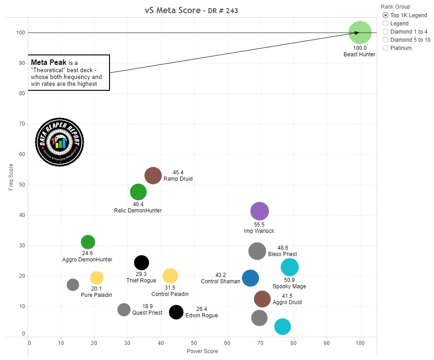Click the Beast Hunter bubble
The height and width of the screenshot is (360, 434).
point(360,33)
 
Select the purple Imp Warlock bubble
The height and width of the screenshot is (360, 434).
point(259,211)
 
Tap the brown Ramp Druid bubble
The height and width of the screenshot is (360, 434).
point(153,175)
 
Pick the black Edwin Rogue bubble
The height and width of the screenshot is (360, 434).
point(176,312)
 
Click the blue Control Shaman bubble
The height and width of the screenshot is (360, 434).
point(250,278)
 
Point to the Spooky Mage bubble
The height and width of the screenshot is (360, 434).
point(289,267)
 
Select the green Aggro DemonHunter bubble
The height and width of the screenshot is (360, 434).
point(88,242)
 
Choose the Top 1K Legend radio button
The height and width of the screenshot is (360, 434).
point(386,15)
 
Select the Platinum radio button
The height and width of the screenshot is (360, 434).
point(386,48)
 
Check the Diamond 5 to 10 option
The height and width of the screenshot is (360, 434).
point(386,40)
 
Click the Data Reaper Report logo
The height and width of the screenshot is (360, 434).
point(60,142)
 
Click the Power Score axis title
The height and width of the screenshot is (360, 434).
point(202,351)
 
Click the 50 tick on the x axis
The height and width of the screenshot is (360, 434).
point(194,343)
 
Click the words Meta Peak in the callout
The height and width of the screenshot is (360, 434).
point(48,62)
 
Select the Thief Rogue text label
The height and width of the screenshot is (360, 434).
point(141,281)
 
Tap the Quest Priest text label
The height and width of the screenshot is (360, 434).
point(147,313)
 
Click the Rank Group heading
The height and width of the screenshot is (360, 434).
point(395,7)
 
